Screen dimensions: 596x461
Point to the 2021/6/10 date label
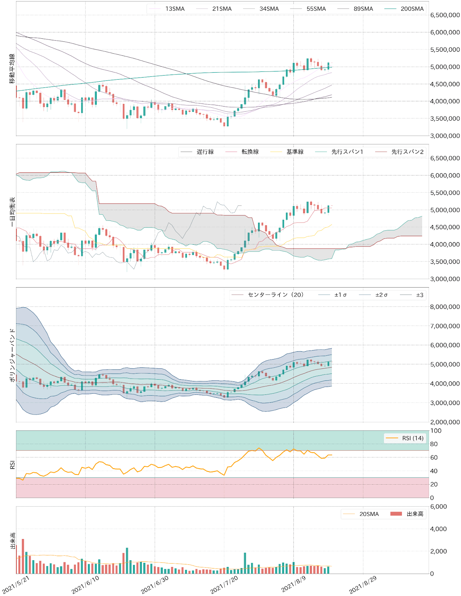coord(85,584)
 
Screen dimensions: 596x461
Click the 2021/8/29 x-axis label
coord(363,584)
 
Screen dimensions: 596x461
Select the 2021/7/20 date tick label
coord(224,584)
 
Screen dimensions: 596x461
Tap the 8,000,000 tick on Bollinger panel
coord(445,307)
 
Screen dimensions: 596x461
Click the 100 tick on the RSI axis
coord(436,431)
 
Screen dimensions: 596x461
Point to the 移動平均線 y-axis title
coord(12,69)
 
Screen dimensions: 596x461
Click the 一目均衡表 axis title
coord(12,212)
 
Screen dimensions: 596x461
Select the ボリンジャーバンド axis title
coord(12,355)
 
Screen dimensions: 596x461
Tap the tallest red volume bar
coord(23,556)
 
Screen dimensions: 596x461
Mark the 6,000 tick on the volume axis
coord(439,507)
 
